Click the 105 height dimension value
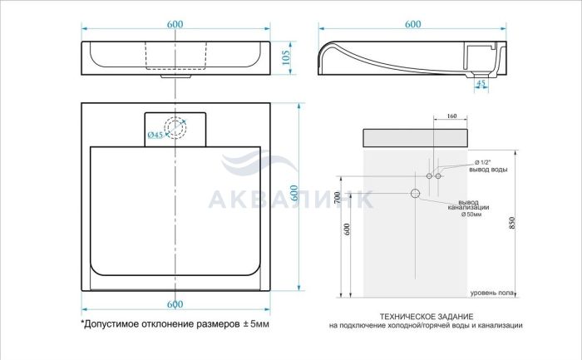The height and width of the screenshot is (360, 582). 286,57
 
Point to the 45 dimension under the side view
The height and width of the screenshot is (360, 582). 481,83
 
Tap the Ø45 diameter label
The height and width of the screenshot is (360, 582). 155,135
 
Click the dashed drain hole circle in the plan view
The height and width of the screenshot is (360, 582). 175,128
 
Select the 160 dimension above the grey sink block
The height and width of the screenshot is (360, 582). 451,116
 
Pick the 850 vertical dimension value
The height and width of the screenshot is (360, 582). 512,223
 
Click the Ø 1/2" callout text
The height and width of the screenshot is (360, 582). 483,163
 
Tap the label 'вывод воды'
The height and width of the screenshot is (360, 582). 488,170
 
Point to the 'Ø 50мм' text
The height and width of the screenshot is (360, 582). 471,215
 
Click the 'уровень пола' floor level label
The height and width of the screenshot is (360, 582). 492,293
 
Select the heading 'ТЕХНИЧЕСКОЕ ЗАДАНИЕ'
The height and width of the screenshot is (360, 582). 427,317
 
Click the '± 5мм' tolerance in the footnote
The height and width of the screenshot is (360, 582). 256,324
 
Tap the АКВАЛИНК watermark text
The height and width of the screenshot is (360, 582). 290,200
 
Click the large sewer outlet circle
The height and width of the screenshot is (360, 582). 416,193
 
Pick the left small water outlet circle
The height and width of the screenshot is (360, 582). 429,176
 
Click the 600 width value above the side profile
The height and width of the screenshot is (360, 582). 412,24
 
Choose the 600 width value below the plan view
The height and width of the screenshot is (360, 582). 175,304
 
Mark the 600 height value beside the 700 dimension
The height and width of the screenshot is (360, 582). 348,229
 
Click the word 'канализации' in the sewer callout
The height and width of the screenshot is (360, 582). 468,208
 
